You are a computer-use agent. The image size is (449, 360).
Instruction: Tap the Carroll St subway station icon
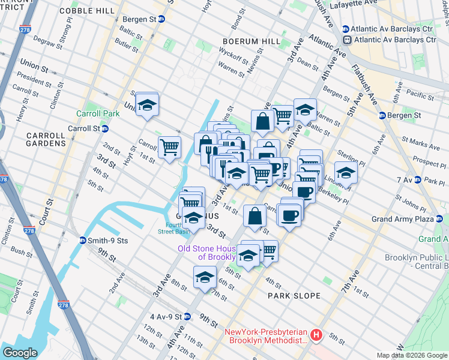[x=105, y=128]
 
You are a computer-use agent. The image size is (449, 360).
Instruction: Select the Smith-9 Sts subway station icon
[x=83, y=241]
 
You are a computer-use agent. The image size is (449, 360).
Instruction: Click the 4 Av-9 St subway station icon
[x=187, y=316]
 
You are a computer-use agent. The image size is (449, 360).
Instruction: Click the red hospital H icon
[x=316, y=334]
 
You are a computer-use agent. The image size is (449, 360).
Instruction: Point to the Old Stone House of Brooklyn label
[x=208, y=253]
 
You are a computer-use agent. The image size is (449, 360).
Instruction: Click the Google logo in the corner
[x=20, y=352]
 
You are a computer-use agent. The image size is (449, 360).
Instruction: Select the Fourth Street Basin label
[x=173, y=227]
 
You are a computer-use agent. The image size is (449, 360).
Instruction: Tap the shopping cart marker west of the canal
[x=169, y=146]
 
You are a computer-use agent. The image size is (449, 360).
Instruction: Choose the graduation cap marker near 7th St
[x=205, y=278]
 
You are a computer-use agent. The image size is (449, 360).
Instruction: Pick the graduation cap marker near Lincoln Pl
[x=346, y=172]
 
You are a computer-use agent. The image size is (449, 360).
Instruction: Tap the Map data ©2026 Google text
[x=412, y=355]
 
